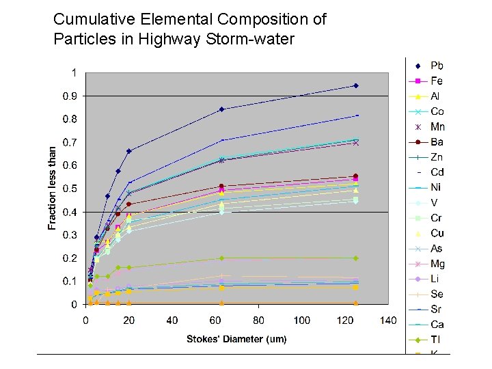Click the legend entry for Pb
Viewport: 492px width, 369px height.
tap(437, 66)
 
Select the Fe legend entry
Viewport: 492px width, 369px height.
tap(436, 81)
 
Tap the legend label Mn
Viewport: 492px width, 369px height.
tap(437, 126)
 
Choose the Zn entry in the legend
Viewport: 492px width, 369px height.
tap(437, 157)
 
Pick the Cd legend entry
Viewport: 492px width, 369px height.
tap(437, 172)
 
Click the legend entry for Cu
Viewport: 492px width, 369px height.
tap(437, 233)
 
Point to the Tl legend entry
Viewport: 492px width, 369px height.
tap(435, 340)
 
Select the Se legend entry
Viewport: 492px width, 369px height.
tap(437, 294)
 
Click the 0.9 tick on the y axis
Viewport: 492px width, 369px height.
tap(70, 96)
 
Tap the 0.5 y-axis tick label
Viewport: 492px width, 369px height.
tap(70, 189)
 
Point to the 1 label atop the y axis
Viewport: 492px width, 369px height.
tap(73, 72)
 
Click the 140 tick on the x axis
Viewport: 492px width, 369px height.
tap(388, 320)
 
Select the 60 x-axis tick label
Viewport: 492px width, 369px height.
tap(215, 320)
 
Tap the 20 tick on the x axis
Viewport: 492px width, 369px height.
tap(128, 320)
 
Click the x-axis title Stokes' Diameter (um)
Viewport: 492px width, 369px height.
tap(236, 339)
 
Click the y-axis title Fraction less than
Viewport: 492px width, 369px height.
tap(53, 188)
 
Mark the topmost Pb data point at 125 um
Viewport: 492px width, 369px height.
tap(356, 85)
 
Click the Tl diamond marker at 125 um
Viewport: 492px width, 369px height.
tap(356, 258)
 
